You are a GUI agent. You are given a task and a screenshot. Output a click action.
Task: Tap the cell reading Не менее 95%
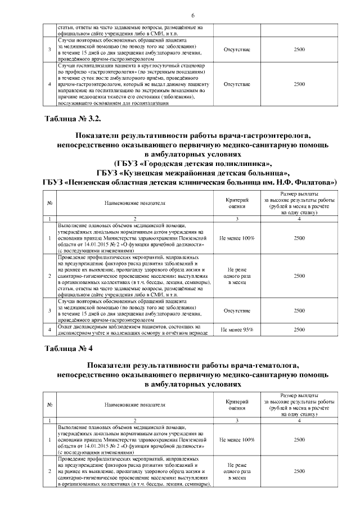(237, 330)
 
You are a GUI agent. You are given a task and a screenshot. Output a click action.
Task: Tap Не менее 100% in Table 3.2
(237, 238)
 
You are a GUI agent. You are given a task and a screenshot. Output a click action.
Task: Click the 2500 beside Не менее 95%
(299, 330)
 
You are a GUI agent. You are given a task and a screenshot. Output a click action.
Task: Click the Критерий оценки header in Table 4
(237, 405)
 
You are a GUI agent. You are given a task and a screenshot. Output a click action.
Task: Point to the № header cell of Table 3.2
(49, 203)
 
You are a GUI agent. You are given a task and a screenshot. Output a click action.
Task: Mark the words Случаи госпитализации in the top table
(85, 67)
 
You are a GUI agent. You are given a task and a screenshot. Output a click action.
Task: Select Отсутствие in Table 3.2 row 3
(237, 310)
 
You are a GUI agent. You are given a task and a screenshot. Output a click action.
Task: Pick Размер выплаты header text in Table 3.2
(299, 194)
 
